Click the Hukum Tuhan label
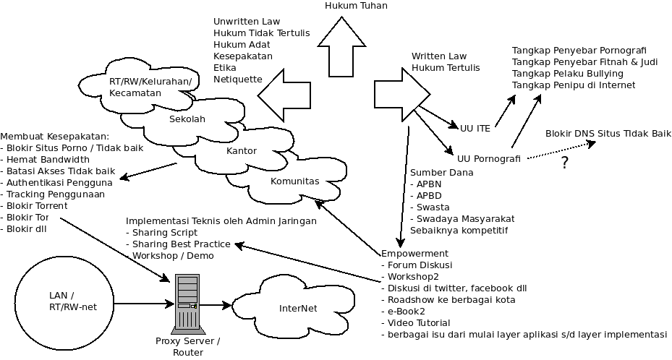click(356, 6)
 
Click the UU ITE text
click(475, 128)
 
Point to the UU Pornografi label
click(488, 158)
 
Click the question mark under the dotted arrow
click(564, 163)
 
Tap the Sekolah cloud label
click(187, 119)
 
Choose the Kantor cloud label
click(242, 151)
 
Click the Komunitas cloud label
click(294, 181)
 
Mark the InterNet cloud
click(298, 309)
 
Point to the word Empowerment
click(414, 254)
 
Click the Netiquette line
click(238, 79)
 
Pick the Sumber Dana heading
click(442, 173)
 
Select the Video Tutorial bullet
click(419, 323)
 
